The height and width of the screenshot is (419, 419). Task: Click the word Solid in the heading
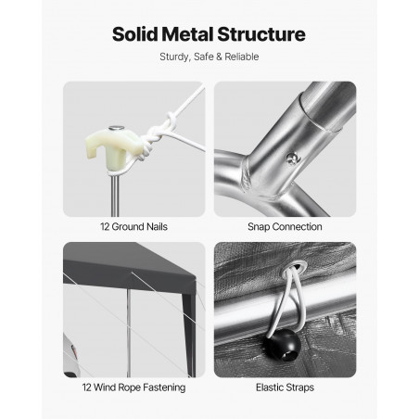135,34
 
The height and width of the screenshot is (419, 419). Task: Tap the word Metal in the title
187,34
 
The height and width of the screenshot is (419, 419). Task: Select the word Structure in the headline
261,34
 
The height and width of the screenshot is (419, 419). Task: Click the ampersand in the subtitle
219,57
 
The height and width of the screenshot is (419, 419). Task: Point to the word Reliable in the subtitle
242,57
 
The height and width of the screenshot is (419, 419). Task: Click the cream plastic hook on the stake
111,146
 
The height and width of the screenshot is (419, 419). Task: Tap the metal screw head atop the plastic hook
116,128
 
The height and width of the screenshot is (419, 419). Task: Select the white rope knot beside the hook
158,133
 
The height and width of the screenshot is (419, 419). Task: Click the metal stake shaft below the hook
115,195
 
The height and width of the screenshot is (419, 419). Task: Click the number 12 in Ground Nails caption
105,227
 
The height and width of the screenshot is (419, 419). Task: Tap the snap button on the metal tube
292,159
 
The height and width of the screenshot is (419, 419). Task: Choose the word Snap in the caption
259,227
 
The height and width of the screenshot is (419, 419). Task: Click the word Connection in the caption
298,227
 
